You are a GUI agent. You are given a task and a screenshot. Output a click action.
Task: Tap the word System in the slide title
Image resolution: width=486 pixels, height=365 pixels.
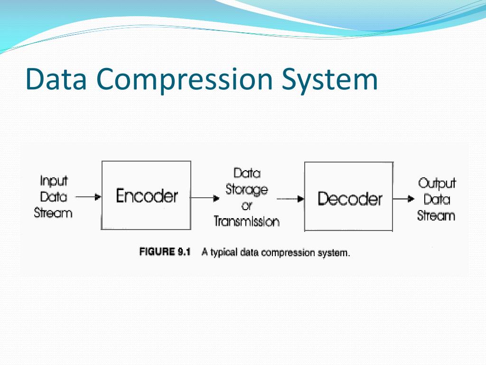[x=329, y=80]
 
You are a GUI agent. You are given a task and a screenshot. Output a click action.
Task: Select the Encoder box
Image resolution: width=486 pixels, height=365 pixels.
[x=146, y=195]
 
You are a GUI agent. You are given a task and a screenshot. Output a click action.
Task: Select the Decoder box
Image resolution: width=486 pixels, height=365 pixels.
[x=349, y=197]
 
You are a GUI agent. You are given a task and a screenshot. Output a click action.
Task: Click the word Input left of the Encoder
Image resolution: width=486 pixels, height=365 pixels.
[x=54, y=181]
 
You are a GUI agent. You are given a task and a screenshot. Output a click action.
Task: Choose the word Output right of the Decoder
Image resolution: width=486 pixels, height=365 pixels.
[x=437, y=183]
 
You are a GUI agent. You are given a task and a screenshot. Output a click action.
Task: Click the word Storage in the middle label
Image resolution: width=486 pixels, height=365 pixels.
[x=246, y=190]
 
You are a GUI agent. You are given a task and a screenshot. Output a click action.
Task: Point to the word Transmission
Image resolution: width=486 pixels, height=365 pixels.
[x=246, y=221]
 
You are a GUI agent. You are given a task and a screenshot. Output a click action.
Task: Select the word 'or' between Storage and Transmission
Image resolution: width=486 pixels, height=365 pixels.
[x=246, y=206]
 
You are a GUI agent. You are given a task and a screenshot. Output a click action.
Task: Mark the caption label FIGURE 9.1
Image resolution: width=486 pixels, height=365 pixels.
[x=164, y=252]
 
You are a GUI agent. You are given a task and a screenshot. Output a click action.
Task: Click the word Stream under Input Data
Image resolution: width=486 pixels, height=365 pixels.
[x=53, y=212]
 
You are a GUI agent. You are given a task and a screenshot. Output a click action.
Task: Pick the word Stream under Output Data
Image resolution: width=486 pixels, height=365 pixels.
[x=436, y=215]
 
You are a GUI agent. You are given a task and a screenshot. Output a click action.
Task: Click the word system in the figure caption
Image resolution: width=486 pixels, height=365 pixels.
[x=334, y=253]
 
